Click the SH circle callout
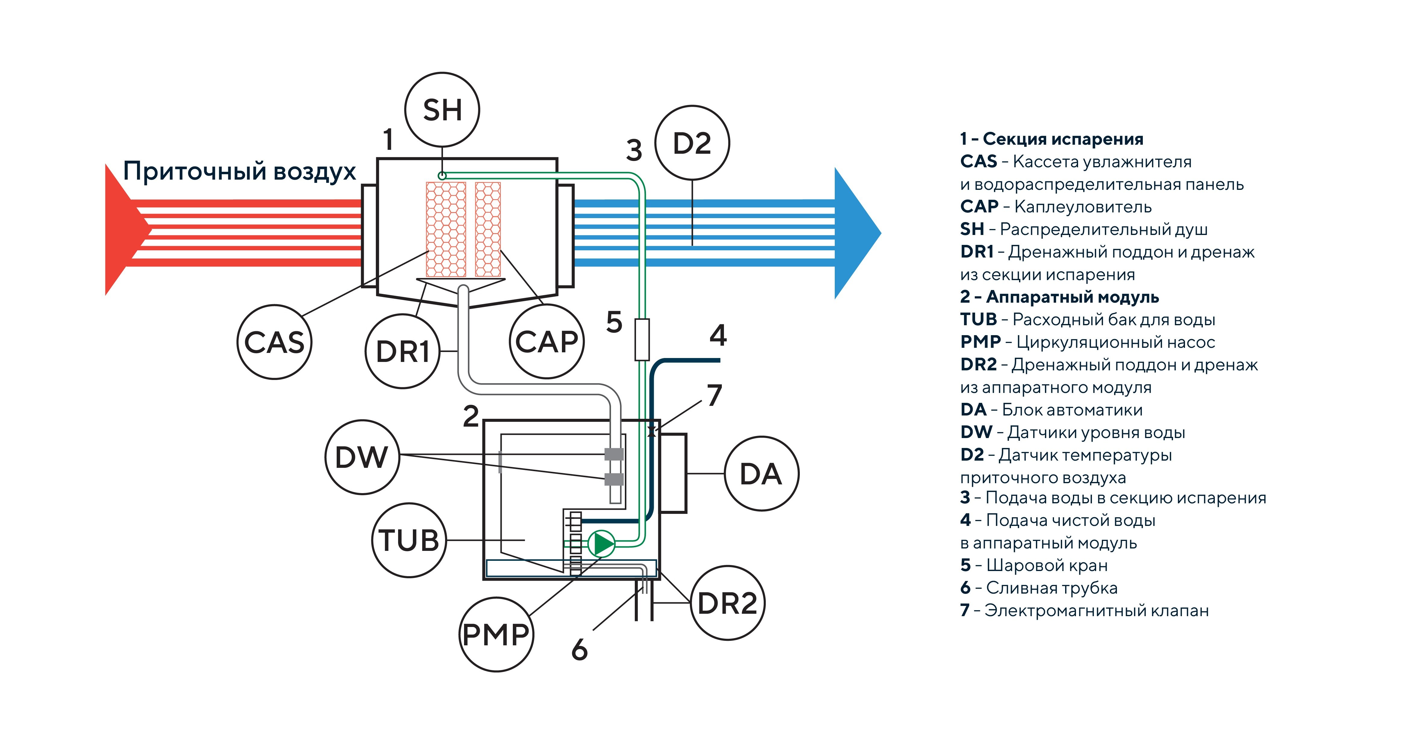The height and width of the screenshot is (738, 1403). point(442,110)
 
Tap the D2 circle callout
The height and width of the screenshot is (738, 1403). point(692,143)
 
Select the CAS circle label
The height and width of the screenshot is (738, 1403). point(275,342)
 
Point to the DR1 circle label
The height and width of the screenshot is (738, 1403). point(403,351)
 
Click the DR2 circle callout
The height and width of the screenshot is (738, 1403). point(728,603)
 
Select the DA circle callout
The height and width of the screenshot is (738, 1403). point(761,474)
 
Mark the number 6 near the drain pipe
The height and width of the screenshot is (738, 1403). point(579,649)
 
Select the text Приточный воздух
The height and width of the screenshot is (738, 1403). point(240,171)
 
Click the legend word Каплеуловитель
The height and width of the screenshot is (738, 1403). point(1083,207)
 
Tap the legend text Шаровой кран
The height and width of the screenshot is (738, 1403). point(1047,566)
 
